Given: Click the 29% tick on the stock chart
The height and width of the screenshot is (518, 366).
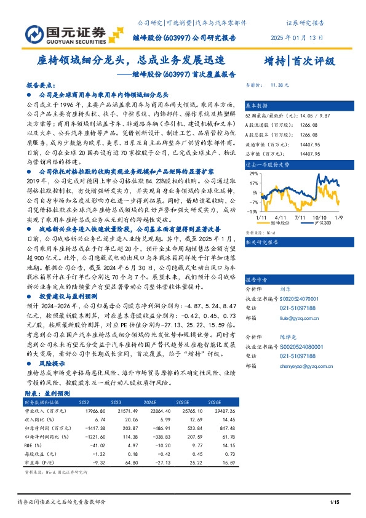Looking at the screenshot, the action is pos(253,174).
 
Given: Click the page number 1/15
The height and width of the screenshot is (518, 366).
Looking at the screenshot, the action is pos(335,504).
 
